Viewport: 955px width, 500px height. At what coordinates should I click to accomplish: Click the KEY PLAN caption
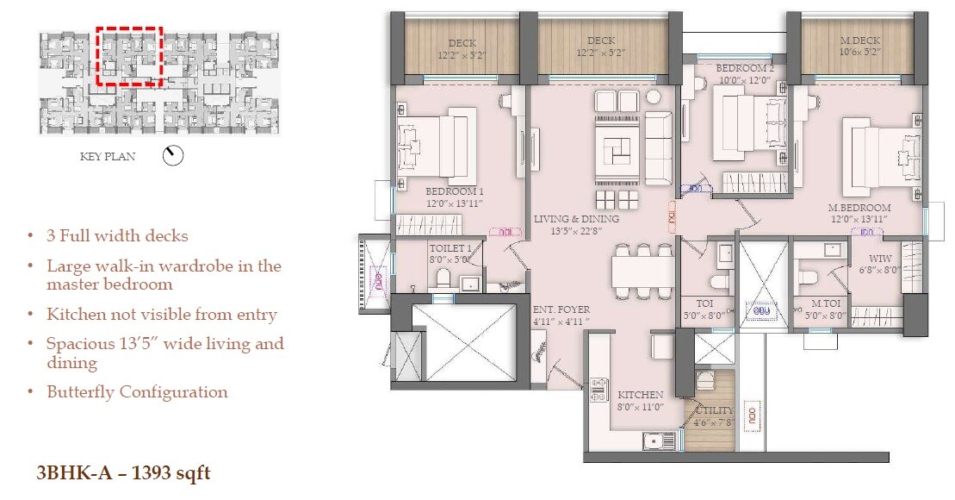coord(108,157)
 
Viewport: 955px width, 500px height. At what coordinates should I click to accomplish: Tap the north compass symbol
coord(173,156)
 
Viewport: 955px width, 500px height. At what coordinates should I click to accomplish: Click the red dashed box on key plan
coord(129,56)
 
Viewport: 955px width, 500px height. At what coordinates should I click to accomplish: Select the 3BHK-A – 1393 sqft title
coord(123,472)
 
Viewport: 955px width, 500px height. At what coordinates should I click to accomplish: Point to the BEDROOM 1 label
coord(455,191)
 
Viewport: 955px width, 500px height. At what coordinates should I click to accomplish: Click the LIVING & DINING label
coord(576,219)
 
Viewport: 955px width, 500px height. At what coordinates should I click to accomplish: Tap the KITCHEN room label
coord(640,395)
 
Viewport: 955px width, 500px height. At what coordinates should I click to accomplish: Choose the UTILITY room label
coord(715,410)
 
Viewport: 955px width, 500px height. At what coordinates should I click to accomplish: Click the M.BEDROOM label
coord(859,208)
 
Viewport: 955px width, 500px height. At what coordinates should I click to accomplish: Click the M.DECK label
coord(861,41)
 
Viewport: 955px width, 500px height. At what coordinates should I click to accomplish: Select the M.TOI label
coord(825,303)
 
